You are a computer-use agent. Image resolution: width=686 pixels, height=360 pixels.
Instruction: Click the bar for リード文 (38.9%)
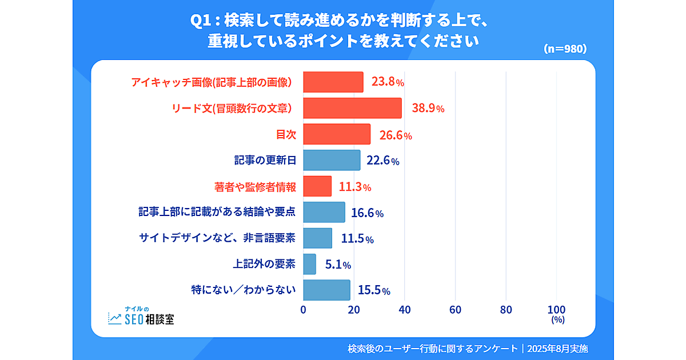pos(352,108)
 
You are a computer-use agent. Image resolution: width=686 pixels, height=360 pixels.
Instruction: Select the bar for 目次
pos(337,134)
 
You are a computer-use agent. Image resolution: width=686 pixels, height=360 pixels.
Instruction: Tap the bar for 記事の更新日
pos(332,161)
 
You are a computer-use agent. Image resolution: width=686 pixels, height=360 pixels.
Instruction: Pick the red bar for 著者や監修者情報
pos(317,186)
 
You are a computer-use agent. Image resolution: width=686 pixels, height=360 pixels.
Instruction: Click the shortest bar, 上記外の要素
pos(309,264)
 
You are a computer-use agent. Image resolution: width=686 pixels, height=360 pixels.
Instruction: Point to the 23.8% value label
pos(388,82)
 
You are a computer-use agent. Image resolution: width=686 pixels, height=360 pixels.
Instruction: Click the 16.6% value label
pos(367,213)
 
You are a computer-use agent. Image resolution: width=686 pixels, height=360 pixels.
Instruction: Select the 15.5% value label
pos(374,291)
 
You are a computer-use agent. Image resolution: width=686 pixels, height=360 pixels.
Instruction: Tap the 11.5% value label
pos(357,239)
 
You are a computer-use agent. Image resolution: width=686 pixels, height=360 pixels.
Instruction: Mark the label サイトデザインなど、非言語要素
pos(217,238)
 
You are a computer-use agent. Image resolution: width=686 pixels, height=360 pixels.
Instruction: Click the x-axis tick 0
pos(303,310)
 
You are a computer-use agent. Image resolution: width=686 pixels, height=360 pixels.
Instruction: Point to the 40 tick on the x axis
pos(405,310)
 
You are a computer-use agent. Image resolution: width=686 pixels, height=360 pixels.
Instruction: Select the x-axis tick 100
pos(556,310)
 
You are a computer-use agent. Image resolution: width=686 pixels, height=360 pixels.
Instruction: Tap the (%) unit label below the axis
pos(557,321)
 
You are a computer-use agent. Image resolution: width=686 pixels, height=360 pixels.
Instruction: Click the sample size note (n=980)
pos(565,49)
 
